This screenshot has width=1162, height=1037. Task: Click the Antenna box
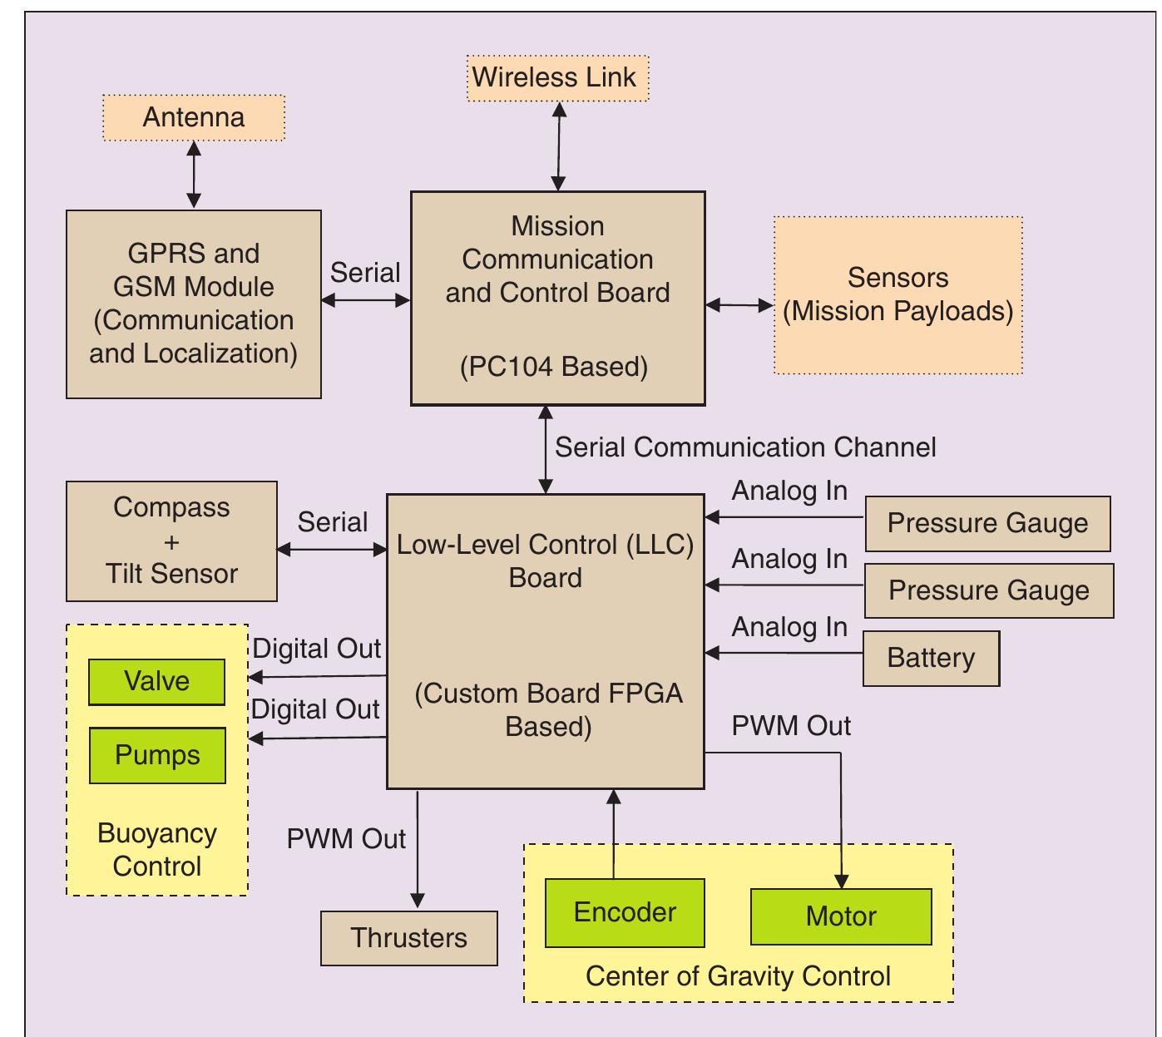click(193, 117)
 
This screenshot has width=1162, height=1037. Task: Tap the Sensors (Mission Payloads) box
click(897, 295)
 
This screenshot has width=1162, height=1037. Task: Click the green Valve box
click(156, 682)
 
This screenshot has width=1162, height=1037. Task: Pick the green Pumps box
click(157, 755)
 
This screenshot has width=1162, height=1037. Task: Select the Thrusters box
click(408, 938)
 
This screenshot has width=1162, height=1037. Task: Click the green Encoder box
click(625, 912)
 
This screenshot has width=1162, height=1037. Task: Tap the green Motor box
click(841, 916)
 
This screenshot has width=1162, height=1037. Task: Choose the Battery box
click(931, 659)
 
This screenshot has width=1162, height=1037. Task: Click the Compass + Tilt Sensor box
click(171, 541)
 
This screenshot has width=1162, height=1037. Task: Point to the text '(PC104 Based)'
click(554, 367)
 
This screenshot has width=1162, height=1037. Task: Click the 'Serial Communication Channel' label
click(745, 447)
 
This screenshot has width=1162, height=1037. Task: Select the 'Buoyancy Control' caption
click(157, 850)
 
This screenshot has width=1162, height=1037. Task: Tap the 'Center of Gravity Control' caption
click(738, 976)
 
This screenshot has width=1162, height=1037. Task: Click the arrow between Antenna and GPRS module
click(194, 175)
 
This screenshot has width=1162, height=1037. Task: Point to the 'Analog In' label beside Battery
click(789, 628)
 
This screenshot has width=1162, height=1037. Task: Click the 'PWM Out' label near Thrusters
click(346, 839)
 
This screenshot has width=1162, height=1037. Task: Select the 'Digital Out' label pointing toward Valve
click(316, 649)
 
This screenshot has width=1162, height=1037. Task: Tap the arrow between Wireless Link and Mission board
click(559, 146)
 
